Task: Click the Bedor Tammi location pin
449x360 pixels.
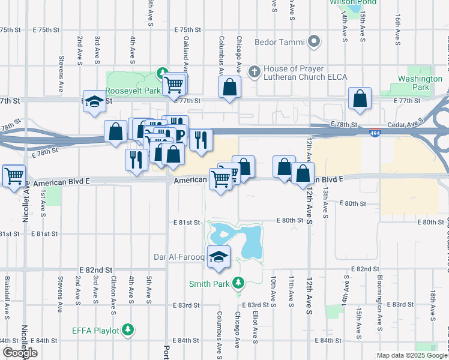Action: click(x=314, y=42)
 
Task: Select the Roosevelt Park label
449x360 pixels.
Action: click(x=130, y=91)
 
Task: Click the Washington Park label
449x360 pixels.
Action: click(x=420, y=83)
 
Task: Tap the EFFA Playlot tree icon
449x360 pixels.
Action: click(x=128, y=329)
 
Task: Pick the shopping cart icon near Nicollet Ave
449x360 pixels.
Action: click(x=14, y=176)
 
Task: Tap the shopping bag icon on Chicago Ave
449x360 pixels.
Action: click(x=229, y=88)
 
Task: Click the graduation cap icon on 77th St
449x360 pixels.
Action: click(x=94, y=102)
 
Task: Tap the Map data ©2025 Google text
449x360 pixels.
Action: click(x=411, y=355)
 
